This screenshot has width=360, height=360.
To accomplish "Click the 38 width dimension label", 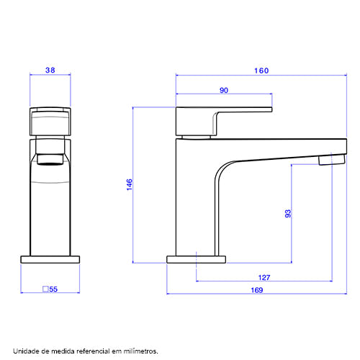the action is pos(50,70).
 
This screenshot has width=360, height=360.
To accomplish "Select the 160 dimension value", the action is pos(261,71).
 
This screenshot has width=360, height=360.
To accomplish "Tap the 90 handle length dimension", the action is pos(224,90).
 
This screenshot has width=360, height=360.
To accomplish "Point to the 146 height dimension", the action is pos(130,184).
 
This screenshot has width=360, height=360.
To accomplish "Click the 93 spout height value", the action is pos(288,214).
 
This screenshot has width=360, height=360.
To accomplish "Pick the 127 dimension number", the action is pos(264,277).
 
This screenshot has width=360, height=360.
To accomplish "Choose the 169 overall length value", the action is pos(257,290).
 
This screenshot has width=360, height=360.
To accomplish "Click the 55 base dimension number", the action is pos(53,289).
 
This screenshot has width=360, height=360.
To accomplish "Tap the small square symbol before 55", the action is pos(45,289).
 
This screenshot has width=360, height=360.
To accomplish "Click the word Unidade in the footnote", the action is pos(26,351).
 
